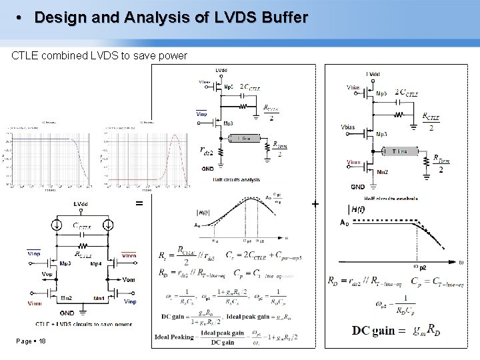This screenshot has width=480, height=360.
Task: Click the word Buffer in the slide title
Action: [281, 17]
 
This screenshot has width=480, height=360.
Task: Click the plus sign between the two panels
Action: [315, 203]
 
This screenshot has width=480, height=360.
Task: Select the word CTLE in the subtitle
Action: [27, 55]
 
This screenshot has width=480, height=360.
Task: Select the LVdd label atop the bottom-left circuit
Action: [81, 204]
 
